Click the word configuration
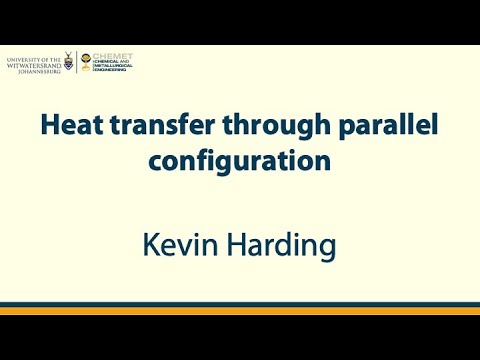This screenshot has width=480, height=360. (240, 161)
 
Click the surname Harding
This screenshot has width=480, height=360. (281, 243)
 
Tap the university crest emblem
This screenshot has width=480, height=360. (68, 62)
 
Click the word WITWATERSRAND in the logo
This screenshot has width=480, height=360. (33, 65)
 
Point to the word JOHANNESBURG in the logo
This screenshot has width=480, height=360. (40, 71)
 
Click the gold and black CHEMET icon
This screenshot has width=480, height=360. (86, 59)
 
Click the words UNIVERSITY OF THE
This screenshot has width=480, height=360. (32, 59)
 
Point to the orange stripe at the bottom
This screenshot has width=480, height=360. (240, 311)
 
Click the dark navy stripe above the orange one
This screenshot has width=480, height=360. (240, 303)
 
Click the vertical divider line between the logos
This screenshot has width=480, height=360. (78, 63)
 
